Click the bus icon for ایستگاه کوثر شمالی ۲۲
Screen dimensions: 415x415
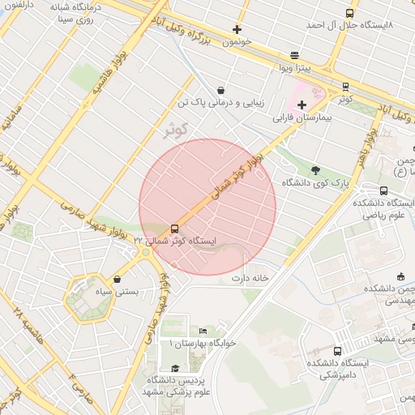coord(175,229)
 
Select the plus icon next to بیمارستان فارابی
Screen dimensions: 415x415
coord(302,105)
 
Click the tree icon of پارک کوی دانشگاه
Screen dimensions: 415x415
coord(315,170)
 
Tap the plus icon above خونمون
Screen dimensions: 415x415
coord(237,29)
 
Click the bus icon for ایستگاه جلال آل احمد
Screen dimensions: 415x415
coord(349,13)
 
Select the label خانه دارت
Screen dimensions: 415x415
coord(250,278)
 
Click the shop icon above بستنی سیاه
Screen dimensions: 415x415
coord(118,280)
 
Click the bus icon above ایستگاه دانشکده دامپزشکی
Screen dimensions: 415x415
coord(337,351)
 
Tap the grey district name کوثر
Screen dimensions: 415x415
coord(175,129)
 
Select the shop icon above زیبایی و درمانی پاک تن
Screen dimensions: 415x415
coord(220,90)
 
